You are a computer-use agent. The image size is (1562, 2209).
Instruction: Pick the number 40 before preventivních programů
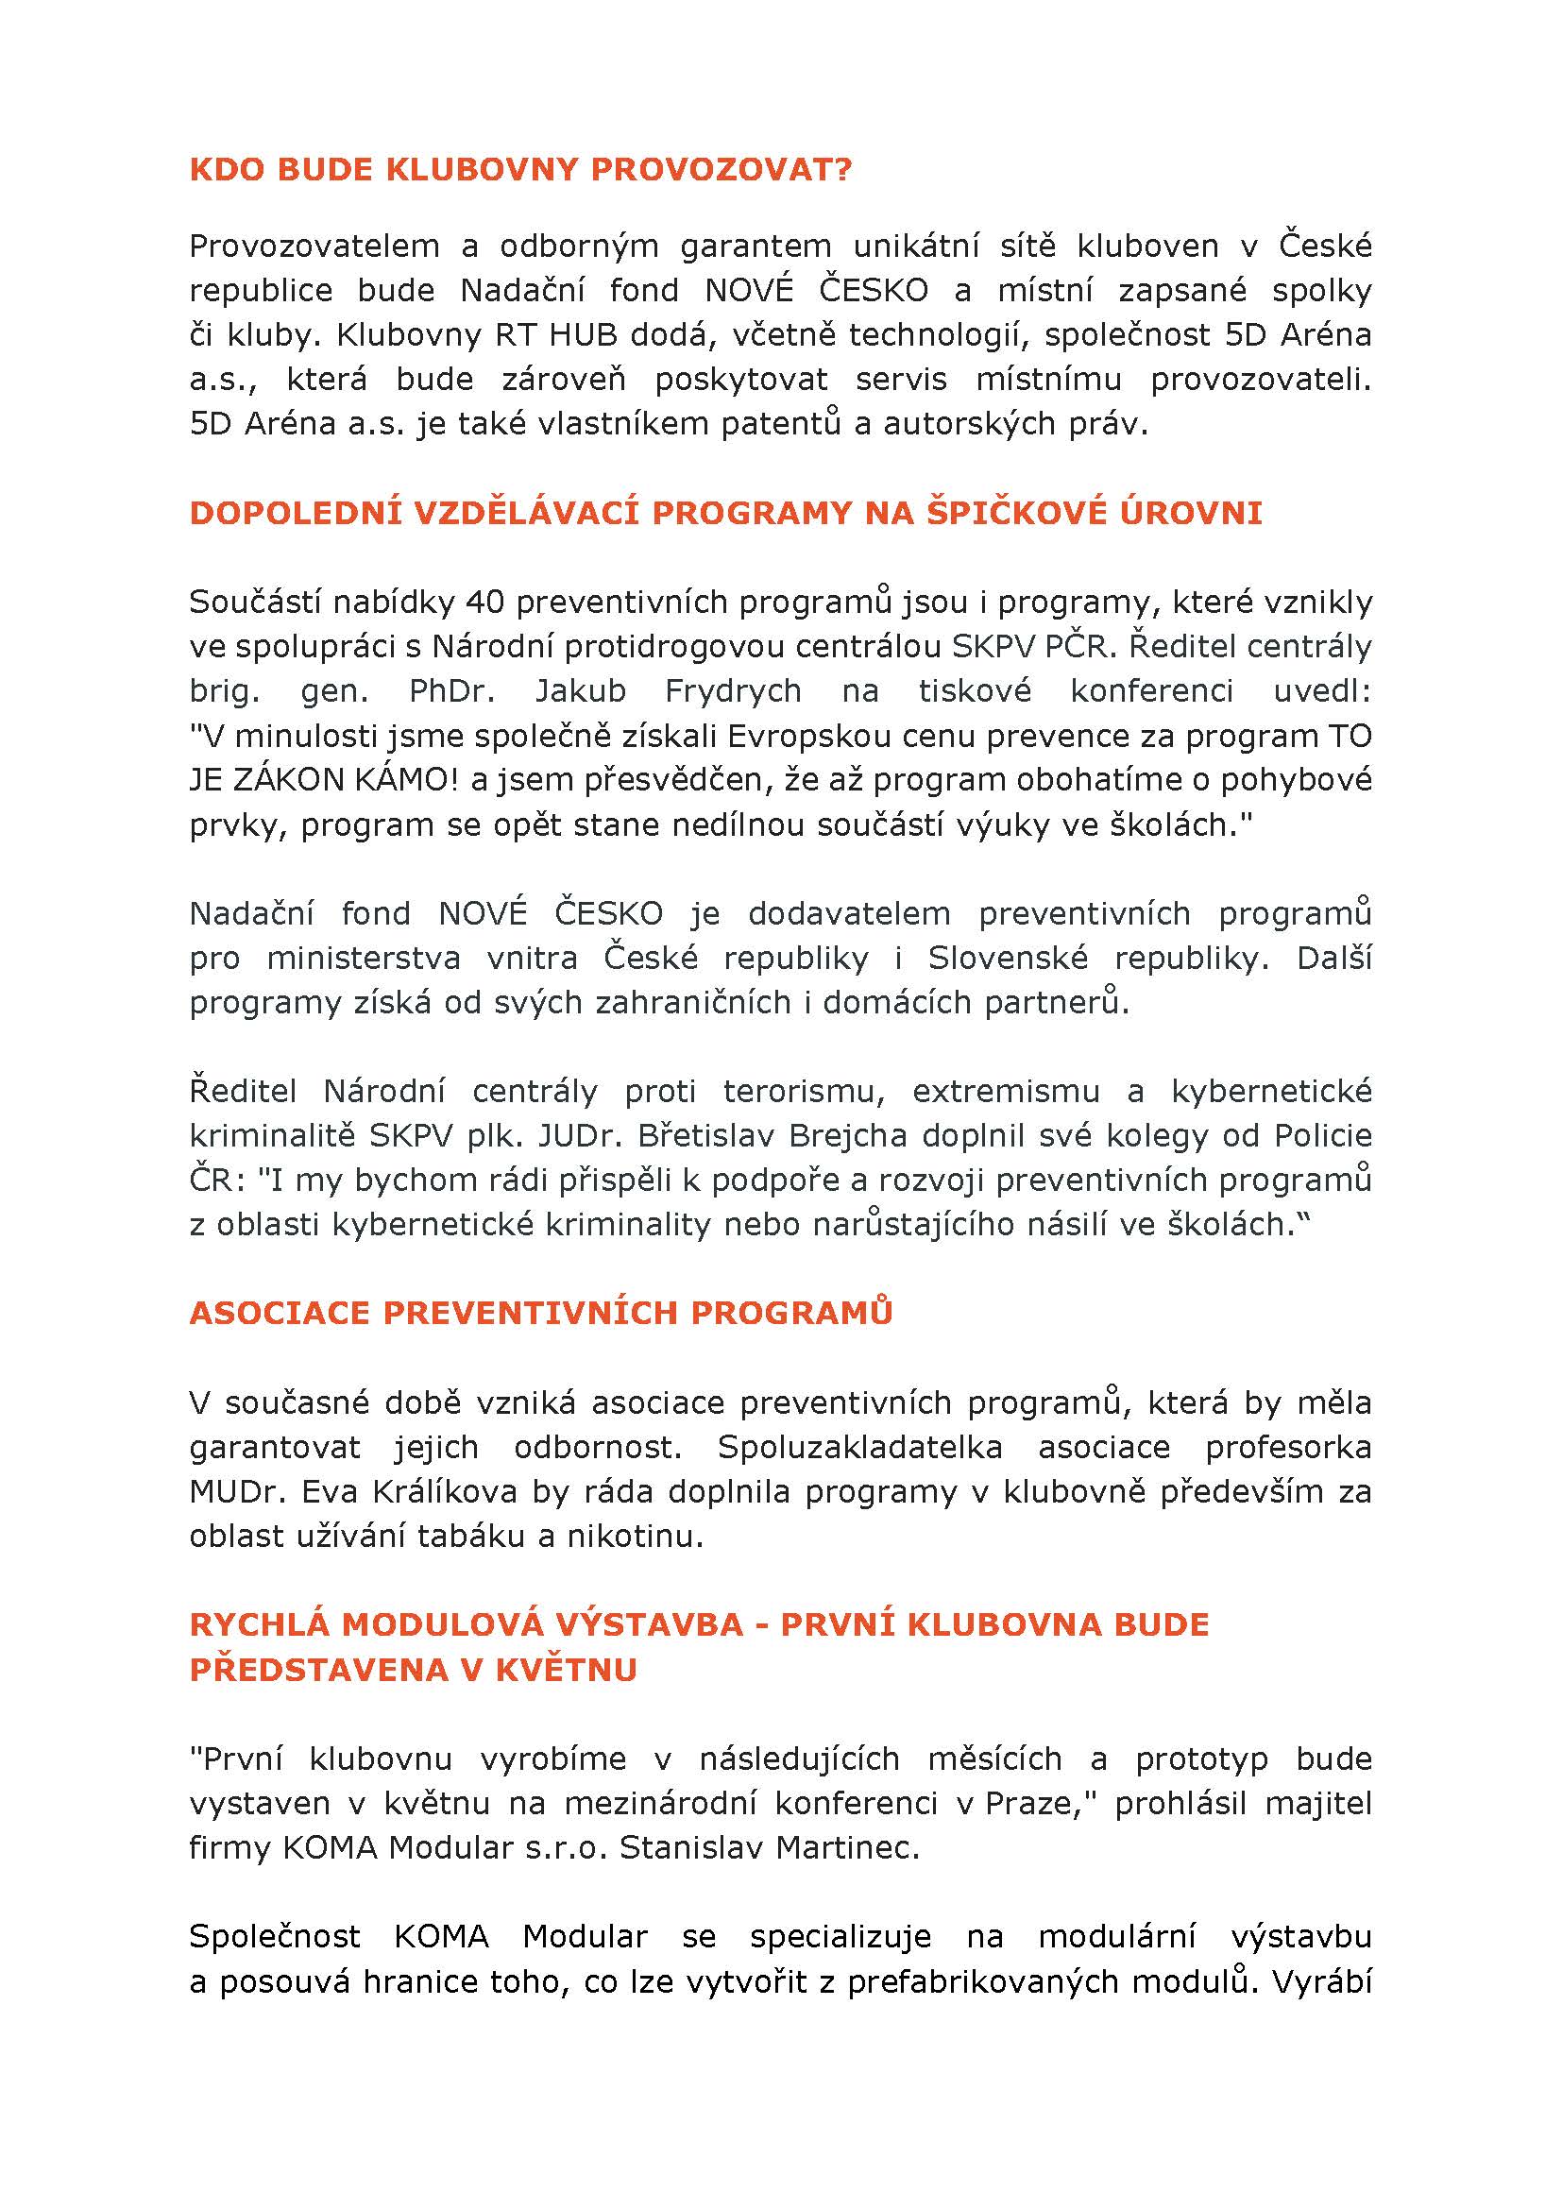click(x=485, y=603)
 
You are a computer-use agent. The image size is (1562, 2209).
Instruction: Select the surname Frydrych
click(x=733, y=690)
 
